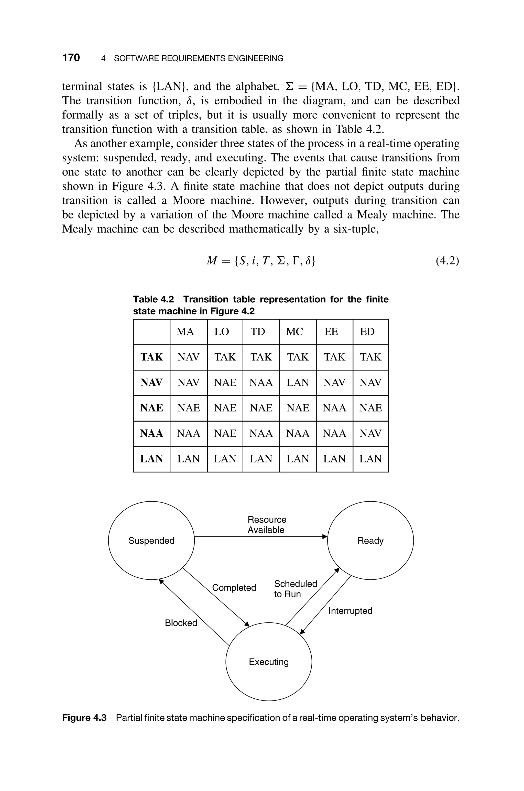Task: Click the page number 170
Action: (71, 58)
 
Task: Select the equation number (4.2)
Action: (447, 260)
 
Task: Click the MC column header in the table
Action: (294, 332)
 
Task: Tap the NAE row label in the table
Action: (151, 408)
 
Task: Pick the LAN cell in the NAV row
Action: (297, 382)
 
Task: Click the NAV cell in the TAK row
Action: (188, 357)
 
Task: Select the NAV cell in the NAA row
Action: (370, 433)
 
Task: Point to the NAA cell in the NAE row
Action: (334, 408)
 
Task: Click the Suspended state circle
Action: (151, 541)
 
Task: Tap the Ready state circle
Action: (370, 541)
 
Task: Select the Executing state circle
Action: (269, 662)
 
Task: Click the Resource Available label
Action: (266, 524)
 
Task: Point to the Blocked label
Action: (181, 623)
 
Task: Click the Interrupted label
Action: (350, 611)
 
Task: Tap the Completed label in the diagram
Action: (234, 588)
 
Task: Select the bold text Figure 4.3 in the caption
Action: (84, 718)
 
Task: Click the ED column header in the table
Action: (367, 332)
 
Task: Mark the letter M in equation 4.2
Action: (212, 260)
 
